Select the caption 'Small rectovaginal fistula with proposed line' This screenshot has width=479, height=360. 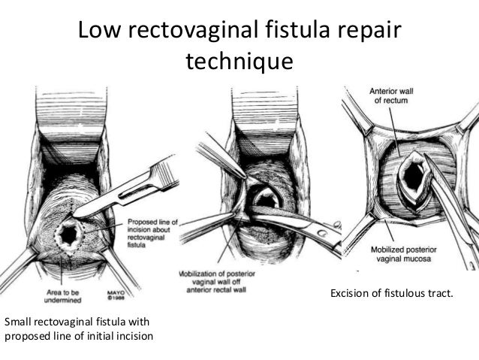tap(79, 328)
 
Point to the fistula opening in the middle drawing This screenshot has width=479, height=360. tap(267, 202)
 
